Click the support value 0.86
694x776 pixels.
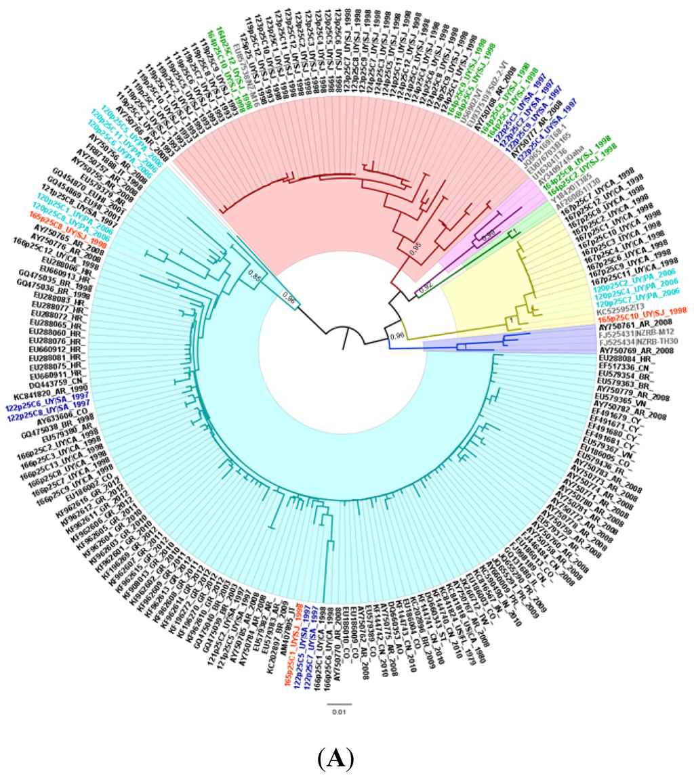(x=255, y=275)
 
